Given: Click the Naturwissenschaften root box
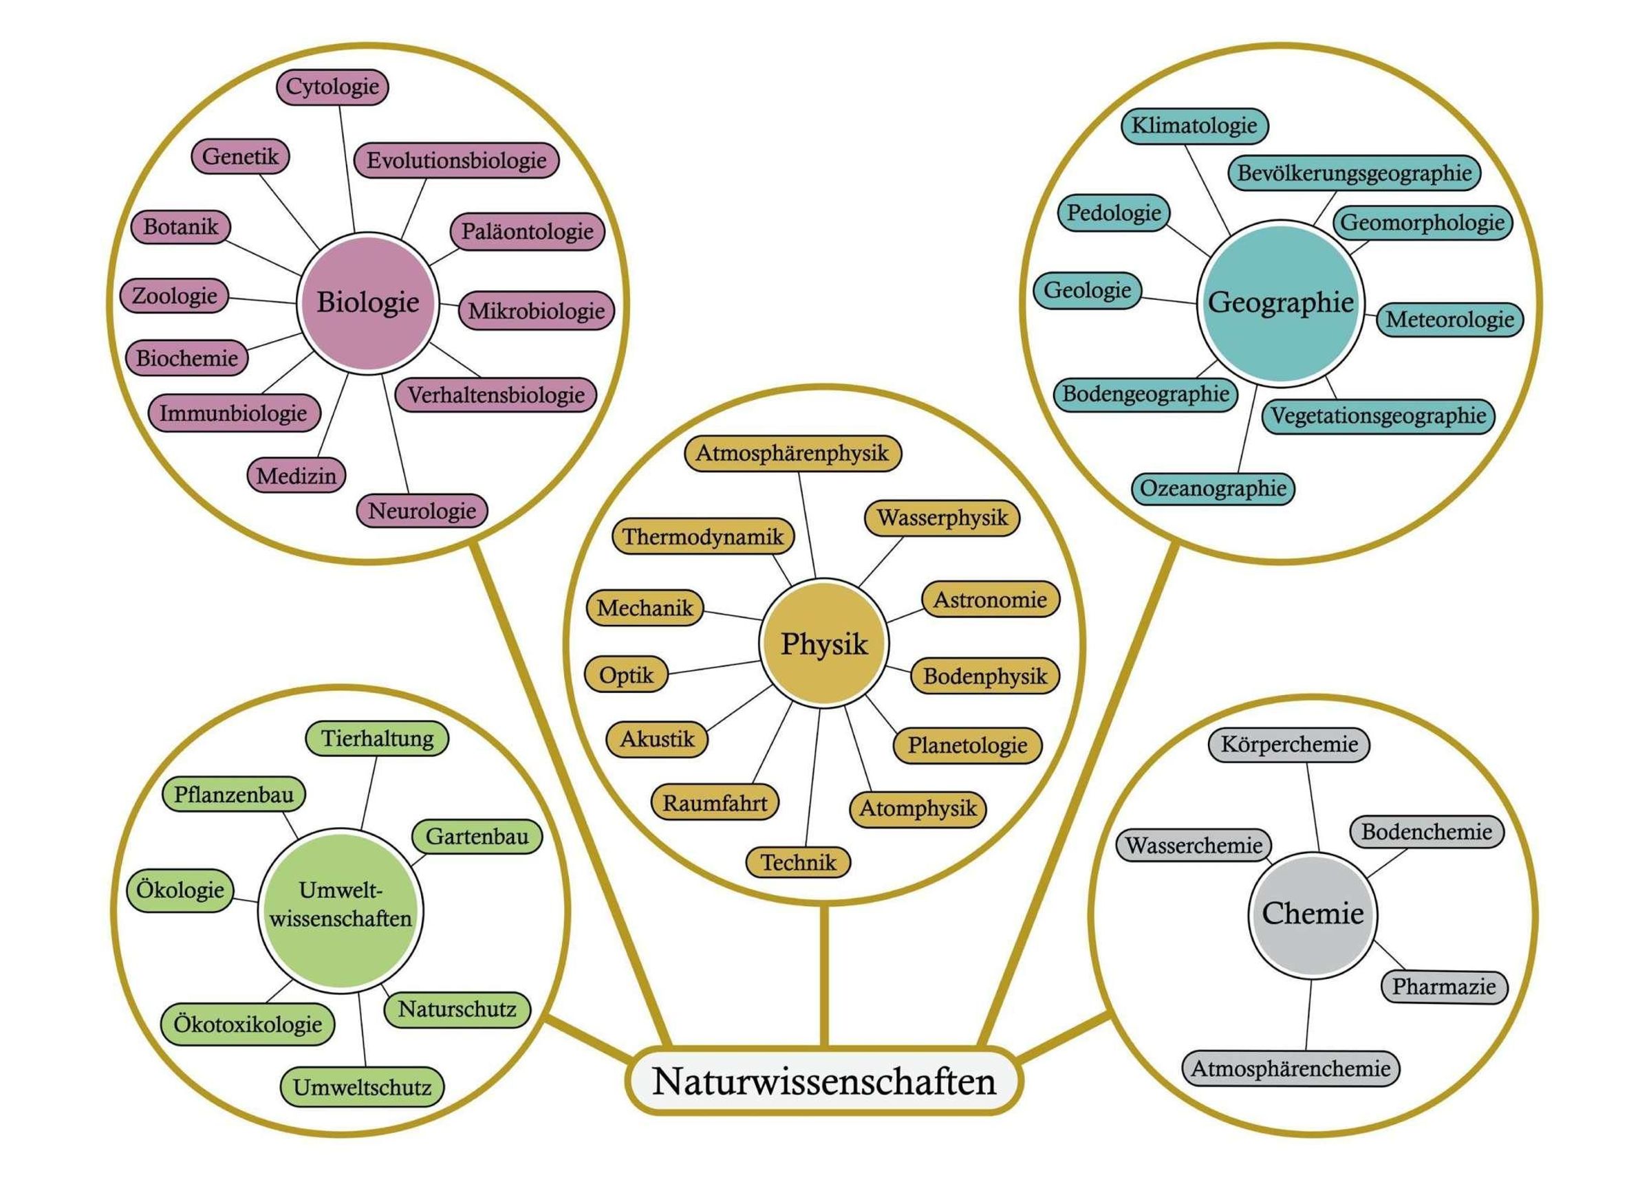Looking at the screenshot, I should coord(824,1081).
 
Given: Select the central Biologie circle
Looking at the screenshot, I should coord(367,302).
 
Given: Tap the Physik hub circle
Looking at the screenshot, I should coord(824,644).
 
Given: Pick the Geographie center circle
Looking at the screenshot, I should coord(1280,302).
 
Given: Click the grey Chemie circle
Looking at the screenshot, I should coord(1313,914).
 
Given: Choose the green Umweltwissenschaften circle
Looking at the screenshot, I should coord(341,905).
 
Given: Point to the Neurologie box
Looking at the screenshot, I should coord(422,511).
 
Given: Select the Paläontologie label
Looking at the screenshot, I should coord(527,232).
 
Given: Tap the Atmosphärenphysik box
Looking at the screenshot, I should coord(792,453).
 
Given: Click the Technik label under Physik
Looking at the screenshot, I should coord(799,863).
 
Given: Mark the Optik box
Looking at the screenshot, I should coord(626,675).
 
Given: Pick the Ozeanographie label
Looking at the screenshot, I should coord(1213,488).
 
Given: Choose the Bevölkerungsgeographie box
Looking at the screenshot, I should coord(1354,173).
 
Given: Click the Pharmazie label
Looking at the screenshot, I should coord(1444,987).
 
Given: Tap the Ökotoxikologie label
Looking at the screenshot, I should coord(248,1024).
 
